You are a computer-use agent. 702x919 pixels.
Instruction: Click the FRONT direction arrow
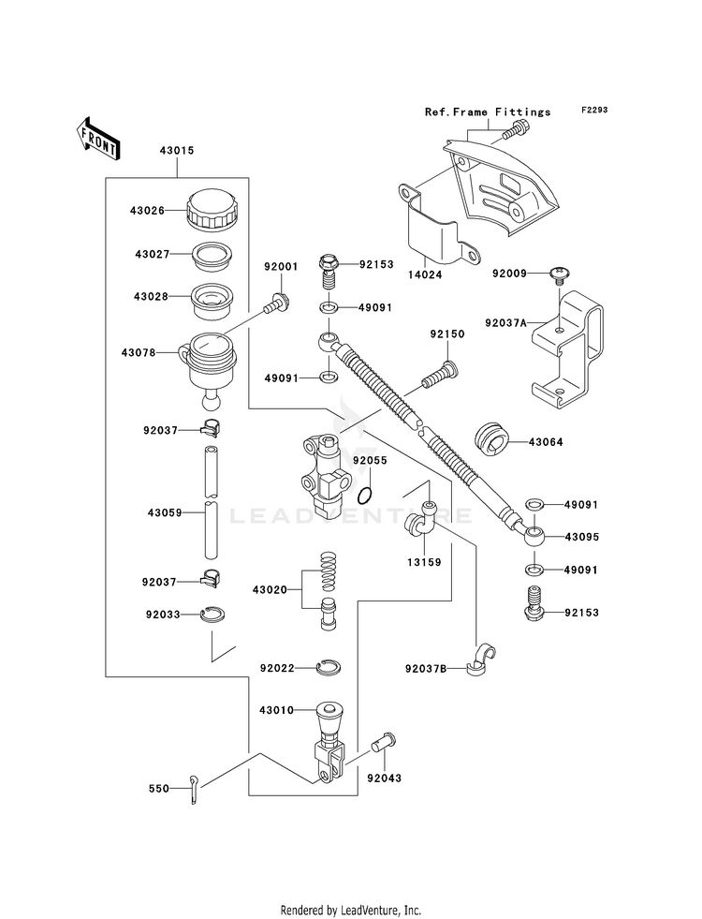(98, 138)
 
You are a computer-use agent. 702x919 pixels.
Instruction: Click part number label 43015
(177, 151)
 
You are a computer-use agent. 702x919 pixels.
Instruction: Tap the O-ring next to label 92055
(365, 496)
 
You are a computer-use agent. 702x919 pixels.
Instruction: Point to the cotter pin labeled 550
(195, 789)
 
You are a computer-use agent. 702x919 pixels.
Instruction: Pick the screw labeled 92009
(559, 274)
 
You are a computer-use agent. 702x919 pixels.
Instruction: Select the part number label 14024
(426, 274)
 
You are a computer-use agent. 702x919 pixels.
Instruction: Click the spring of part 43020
(329, 571)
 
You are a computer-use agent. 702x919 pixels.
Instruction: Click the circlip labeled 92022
(329, 668)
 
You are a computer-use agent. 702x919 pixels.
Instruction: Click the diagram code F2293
(594, 111)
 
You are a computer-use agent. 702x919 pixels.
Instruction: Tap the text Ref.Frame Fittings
(488, 111)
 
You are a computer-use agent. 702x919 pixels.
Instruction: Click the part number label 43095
(582, 537)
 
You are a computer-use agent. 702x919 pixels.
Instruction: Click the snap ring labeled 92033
(212, 615)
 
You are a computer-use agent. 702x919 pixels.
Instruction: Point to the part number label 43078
(139, 353)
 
